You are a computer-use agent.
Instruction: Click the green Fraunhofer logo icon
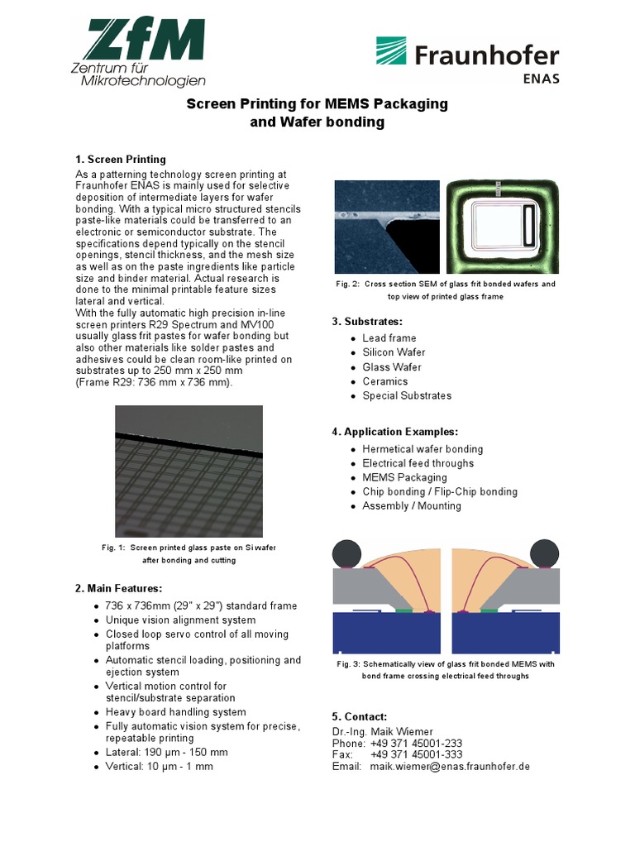[394, 51]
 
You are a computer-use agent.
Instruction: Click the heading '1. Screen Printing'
[121, 160]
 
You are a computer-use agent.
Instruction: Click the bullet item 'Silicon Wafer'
[394, 352]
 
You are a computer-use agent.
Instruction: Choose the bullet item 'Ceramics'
[384, 381]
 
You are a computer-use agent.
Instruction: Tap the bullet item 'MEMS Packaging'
[404, 477]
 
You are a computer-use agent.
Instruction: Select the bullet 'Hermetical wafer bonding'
[423, 449]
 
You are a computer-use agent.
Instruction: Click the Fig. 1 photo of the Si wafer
[189, 471]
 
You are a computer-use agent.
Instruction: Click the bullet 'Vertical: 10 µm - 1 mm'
[159, 767]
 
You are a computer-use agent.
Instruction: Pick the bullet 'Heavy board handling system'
[175, 712]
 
